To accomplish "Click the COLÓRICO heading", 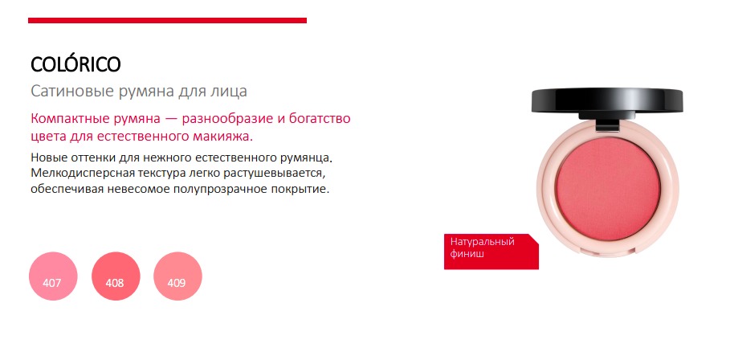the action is [x=75, y=64].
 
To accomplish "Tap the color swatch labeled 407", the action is [x=53, y=276].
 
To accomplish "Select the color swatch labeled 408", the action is [x=116, y=276].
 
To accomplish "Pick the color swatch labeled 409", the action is [x=177, y=276].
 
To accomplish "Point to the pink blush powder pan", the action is [x=608, y=189].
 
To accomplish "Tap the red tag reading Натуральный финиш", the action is [x=491, y=251].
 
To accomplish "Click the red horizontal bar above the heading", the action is [x=167, y=20].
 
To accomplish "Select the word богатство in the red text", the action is [x=319, y=118].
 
